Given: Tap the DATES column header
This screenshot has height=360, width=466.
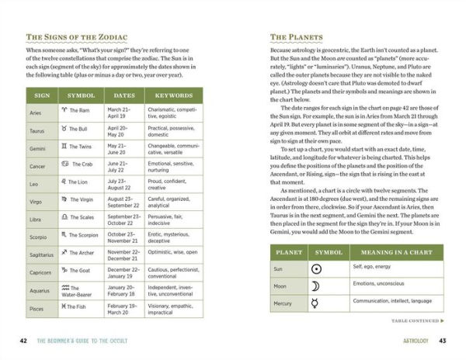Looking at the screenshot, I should (x=124, y=95).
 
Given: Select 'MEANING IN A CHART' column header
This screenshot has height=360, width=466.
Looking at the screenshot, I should (x=394, y=252).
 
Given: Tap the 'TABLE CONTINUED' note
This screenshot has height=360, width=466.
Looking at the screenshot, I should (x=417, y=320).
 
